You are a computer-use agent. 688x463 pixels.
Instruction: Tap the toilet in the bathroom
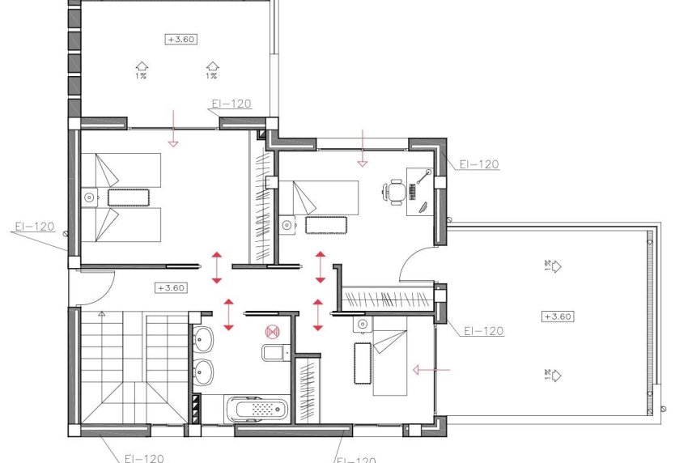pyautogui.click(x=273, y=352)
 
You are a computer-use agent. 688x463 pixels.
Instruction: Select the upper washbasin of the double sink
pyautogui.click(x=203, y=340)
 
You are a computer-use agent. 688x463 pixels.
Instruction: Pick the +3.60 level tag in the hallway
pyautogui.click(x=171, y=287)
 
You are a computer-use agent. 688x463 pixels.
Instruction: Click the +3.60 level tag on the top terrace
pyautogui.click(x=182, y=39)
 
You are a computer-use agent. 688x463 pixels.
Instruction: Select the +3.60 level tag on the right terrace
pyautogui.click(x=558, y=316)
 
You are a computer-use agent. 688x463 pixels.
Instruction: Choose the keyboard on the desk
pyautogui.click(x=414, y=192)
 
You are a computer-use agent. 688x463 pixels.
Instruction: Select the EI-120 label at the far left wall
pyautogui.click(x=34, y=227)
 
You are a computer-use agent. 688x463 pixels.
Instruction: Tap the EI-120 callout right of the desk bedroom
pyautogui.click(x=478, y=164)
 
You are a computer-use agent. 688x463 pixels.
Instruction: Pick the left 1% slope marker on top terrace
pyautogui.click(x=142, y=70)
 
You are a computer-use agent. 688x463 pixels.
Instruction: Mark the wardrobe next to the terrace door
pyautogui.click(x=389, y=299)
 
